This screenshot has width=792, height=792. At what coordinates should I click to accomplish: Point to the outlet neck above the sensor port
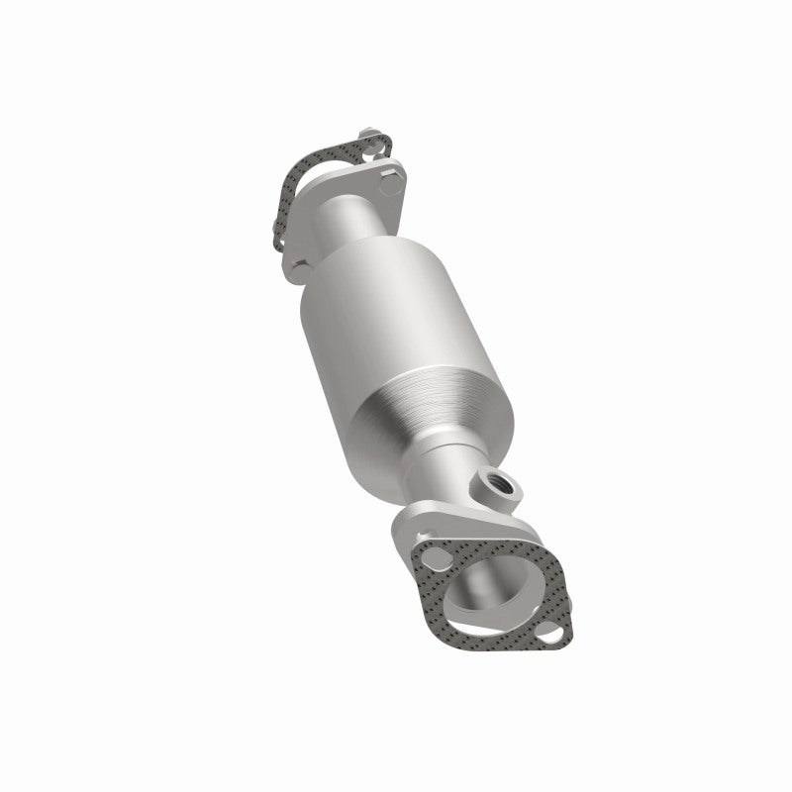click(450, 465)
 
